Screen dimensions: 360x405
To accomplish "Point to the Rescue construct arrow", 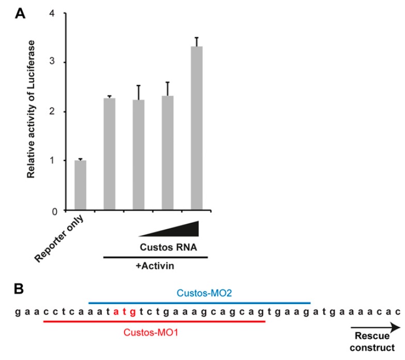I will click(375, 327).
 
